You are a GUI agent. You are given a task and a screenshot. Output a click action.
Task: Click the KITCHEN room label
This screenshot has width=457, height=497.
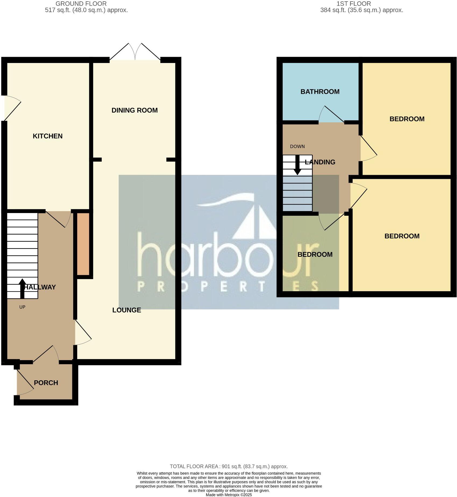[48, 136]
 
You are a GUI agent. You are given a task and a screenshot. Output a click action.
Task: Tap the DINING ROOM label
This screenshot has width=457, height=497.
[134, 110]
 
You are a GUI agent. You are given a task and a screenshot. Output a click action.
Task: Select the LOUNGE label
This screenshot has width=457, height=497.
[126, 310]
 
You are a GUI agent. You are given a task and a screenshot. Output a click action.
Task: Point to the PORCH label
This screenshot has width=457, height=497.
[46, 383]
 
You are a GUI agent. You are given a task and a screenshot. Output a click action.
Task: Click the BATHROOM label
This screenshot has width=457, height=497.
[320, 92]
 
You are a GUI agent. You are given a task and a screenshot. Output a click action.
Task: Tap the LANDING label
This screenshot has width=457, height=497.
[320, 162]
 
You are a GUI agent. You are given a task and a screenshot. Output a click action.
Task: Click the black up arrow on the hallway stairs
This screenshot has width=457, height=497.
[22, 288]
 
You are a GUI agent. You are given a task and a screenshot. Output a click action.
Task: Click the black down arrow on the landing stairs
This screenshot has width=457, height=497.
[297, 165]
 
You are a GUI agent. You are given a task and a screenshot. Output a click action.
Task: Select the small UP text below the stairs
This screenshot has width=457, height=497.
[22, 307]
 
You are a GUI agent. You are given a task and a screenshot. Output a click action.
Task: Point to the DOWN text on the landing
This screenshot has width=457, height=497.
[297, 147]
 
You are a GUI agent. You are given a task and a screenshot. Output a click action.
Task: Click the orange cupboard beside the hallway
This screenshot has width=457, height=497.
[83, 244]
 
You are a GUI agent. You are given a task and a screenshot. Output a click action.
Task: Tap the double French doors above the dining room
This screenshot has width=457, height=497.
[135, 52]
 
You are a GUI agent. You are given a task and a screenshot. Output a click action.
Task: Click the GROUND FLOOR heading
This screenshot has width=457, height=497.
[81, 4]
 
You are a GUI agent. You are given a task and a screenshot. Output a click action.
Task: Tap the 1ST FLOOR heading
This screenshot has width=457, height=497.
[353, 4]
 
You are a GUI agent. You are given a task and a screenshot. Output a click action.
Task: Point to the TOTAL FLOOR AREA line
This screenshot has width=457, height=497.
[229, 466]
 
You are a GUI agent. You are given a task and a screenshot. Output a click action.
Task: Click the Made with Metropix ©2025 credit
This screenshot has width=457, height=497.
[229, 495]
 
